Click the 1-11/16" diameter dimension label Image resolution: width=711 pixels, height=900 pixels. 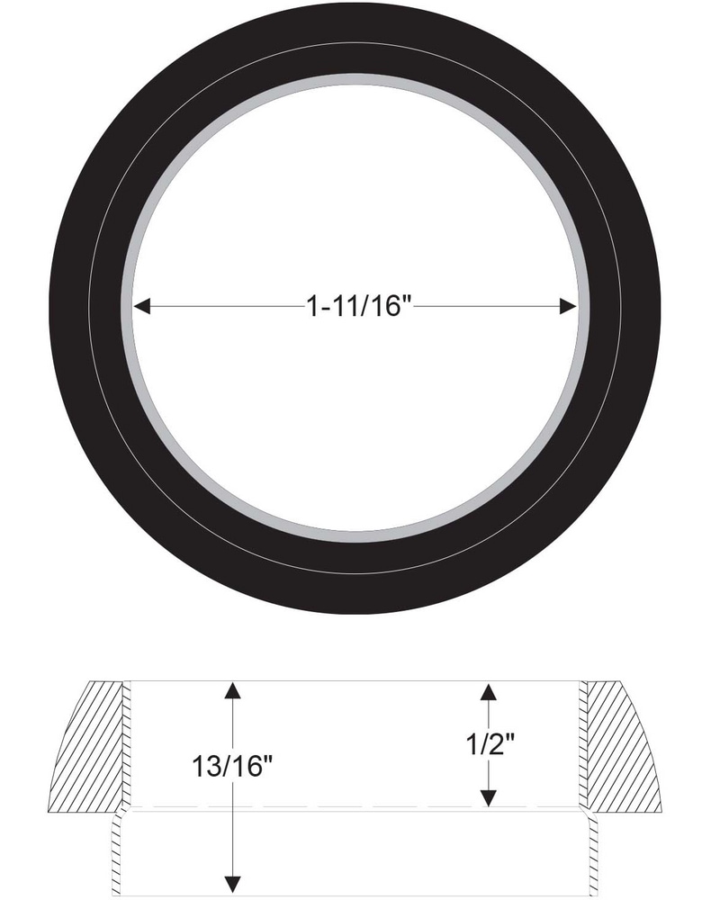[358, 308]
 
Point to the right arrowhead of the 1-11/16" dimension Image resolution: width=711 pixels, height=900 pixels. [568, 307]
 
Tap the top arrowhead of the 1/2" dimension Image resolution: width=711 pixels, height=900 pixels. [489, 690]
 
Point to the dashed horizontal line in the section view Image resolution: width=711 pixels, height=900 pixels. [360, 806]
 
